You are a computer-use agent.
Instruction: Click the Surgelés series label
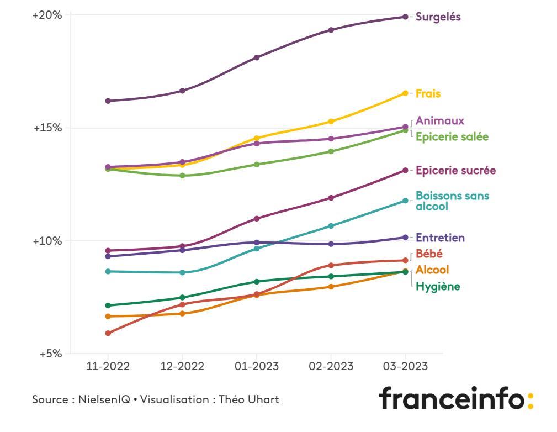(438, 17)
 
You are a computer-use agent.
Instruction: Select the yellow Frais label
(428, 93)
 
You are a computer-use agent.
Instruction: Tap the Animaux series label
(439, 120)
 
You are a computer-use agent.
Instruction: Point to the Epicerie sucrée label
(455, 170)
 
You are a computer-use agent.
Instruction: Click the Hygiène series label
(437, 286)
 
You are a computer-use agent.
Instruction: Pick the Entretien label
(440, 238)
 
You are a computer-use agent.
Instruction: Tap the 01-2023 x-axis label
(256, 366)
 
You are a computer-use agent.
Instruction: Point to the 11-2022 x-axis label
(108, 366)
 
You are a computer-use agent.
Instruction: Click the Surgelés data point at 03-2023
(405, 17)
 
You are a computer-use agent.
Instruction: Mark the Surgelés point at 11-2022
(108, 101)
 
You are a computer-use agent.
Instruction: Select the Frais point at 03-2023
(405, 93)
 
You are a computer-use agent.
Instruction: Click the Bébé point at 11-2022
(108, 333)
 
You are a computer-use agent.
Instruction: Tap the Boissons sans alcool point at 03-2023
(405, 201)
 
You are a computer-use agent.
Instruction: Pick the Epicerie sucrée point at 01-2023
(257, 218)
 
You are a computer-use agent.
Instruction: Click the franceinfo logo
(455, 398)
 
